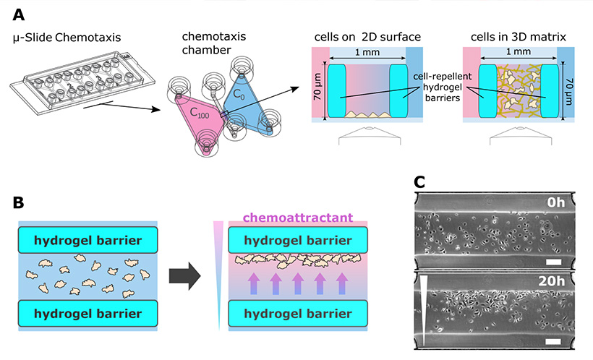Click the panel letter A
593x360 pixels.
19,15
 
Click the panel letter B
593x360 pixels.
19,202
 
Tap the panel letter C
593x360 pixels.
419,182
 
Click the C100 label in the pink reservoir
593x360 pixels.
200,112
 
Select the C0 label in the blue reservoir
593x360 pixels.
239,94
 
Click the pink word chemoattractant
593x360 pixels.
298,218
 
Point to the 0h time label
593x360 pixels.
556,202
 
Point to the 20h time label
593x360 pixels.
551,281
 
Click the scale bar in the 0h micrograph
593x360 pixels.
554,262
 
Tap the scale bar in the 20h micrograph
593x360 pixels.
554,341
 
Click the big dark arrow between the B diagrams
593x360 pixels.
184,276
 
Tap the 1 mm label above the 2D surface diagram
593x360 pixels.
367,52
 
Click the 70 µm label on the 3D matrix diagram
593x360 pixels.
568,92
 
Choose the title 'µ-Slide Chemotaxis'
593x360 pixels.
67,38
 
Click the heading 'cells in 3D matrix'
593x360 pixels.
519,37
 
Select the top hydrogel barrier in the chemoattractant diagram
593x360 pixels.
298,240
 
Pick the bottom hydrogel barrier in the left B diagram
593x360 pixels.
88,313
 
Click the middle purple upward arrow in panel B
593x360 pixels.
298,283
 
